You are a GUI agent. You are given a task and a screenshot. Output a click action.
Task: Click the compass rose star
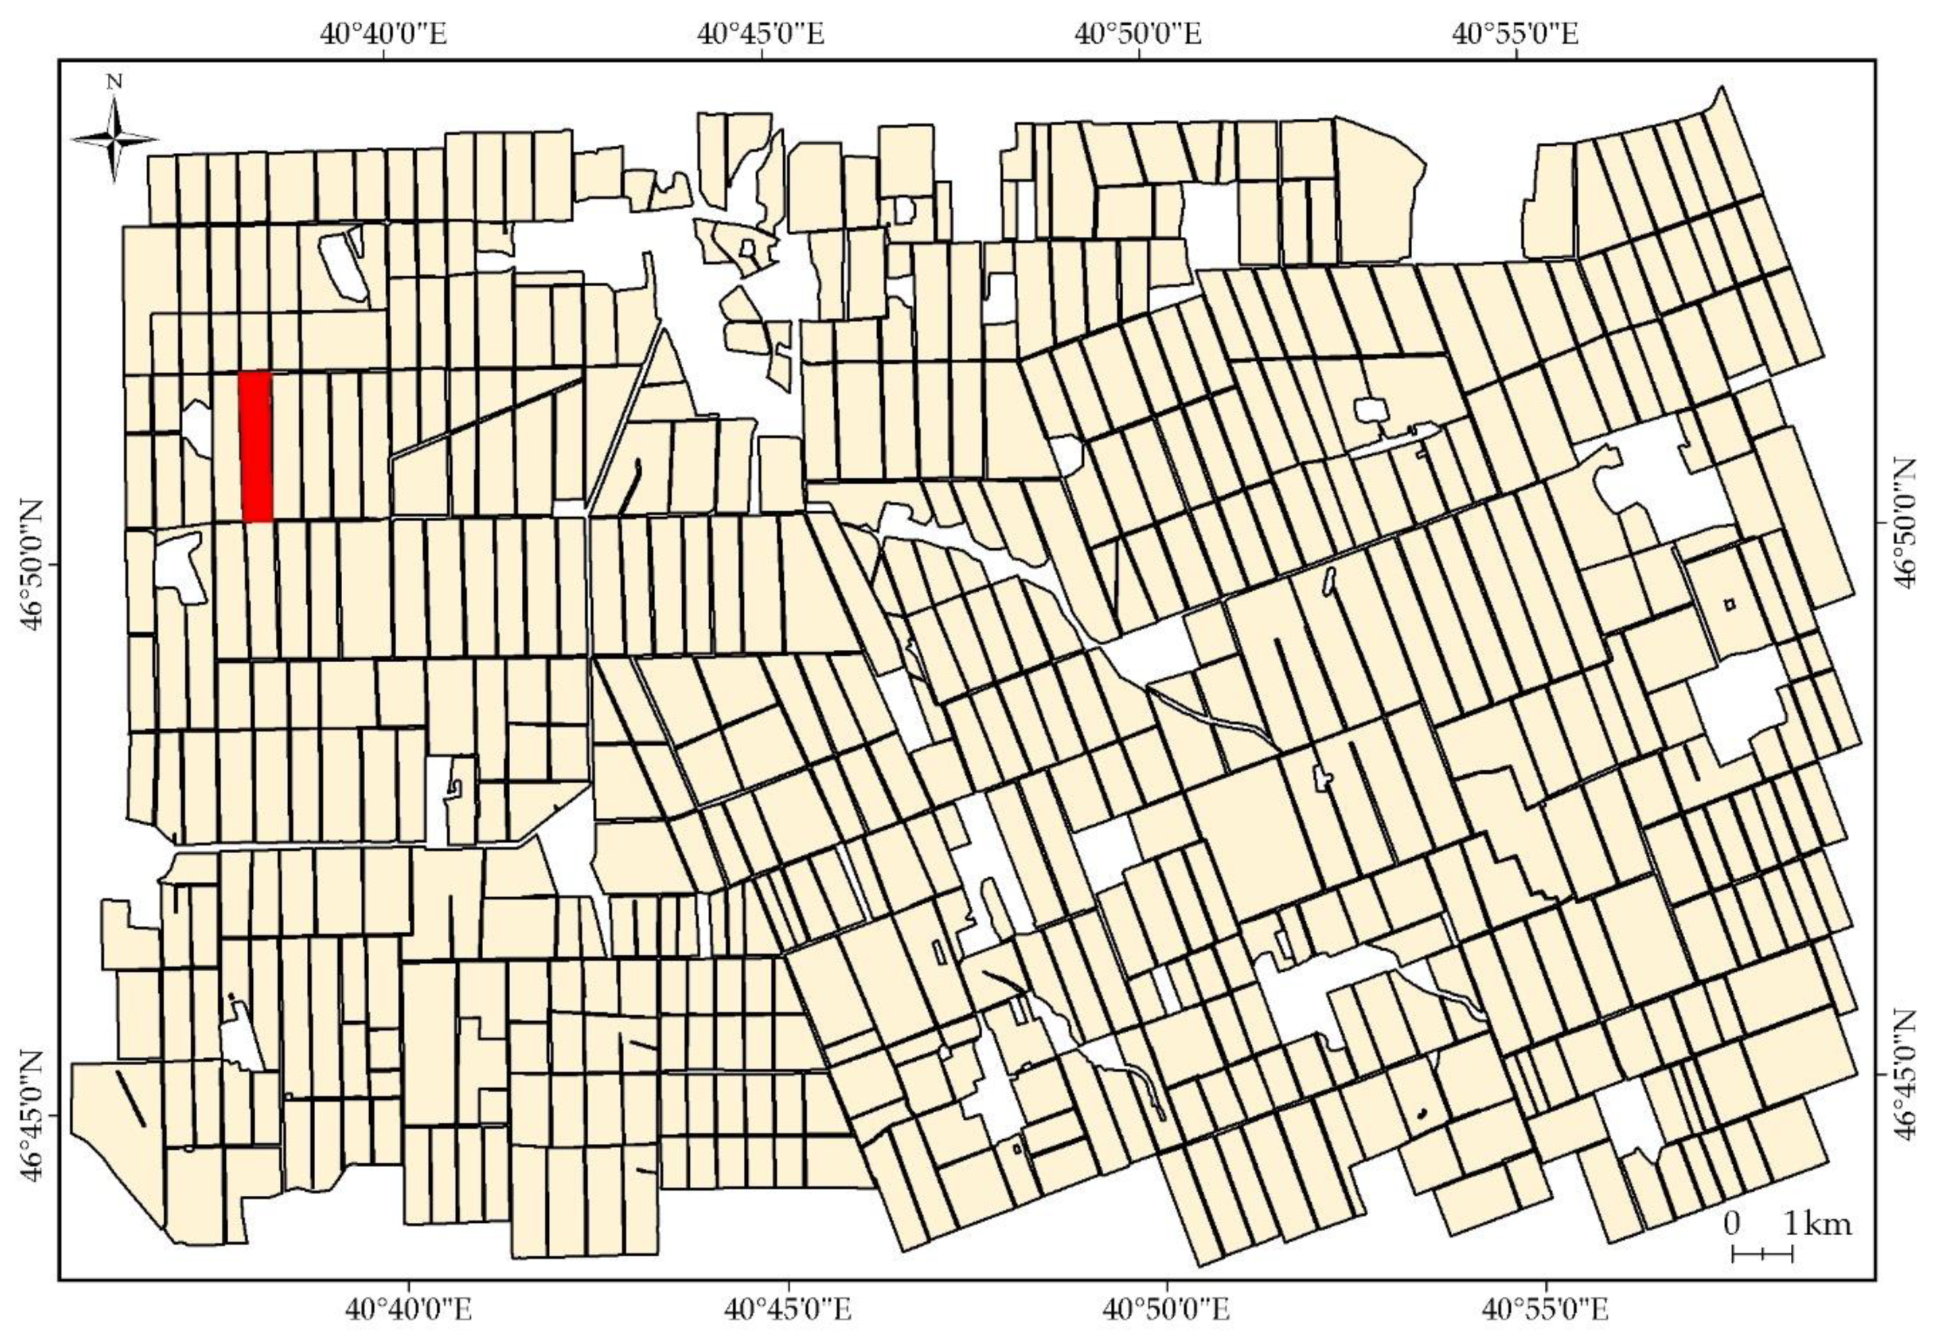[x=115, y=139]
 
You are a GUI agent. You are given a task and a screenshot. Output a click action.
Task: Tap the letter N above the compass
[x=115, y=82]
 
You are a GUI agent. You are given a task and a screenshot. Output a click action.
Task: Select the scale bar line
[x=1763, y=1278]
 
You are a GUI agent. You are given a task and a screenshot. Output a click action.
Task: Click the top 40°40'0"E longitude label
[x=384, y=35]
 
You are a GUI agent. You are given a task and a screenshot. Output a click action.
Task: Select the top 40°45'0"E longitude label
[x=761, y=35]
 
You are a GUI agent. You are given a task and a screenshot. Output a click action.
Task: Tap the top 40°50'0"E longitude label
[x=1139, y=35]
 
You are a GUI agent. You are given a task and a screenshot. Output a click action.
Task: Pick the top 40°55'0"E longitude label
[x=1517, y=35]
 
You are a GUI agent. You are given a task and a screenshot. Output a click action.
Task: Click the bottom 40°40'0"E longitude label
[x=410, y=1310]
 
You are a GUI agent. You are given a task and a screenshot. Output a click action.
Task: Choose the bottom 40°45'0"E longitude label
[x=789, y=1310]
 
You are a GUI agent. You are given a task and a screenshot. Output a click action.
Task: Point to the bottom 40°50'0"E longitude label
[x=1167, y=1310]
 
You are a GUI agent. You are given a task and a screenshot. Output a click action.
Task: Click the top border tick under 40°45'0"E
[x=762, y=56]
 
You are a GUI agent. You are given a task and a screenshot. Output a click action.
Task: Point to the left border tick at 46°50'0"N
[x=55, y=565]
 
